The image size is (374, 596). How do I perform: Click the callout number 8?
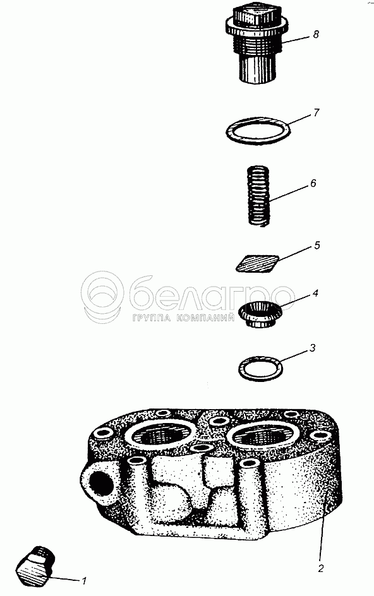coord(315,35)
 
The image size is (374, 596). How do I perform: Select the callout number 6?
coord(313,183)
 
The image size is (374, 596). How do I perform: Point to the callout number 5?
coord(317,246)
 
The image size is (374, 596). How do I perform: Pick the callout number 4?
coord(315,294)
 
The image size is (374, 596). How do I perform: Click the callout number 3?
coord(312,348)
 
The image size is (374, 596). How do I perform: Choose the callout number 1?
coord(85,581)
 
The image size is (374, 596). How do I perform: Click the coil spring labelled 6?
coord(258,196)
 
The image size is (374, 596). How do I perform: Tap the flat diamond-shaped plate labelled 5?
coord(257,263)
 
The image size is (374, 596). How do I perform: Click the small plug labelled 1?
coord(36,566)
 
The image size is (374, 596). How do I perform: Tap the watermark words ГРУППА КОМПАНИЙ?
coord(184,318)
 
